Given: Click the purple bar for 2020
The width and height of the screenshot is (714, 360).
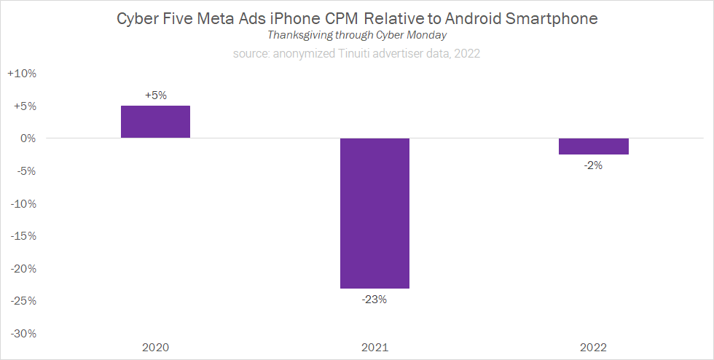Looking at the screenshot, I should pyautogui.click(x=155, y=122).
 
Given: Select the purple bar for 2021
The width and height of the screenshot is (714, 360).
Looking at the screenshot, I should pyautogui.click(x=374, y=213).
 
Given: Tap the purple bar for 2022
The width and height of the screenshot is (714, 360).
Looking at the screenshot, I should pyautogui.click(x=594, y=146).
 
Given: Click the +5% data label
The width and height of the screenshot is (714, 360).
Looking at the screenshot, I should pyautogui.click(x=155, y=95).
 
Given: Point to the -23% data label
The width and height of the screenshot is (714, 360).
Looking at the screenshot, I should pyautogui.click(x=374, y=299).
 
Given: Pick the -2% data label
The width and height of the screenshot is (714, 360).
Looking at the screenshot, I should pyautogui.click(x=594, y=165).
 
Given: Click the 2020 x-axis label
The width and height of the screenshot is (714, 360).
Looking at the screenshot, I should pyautogui.click(x=155, y=347).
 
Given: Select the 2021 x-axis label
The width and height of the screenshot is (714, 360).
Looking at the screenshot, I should pyautogui.click(x=374, y=347).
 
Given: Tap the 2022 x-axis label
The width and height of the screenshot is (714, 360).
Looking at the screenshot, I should pyautogui.click(x=594, y=347).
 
